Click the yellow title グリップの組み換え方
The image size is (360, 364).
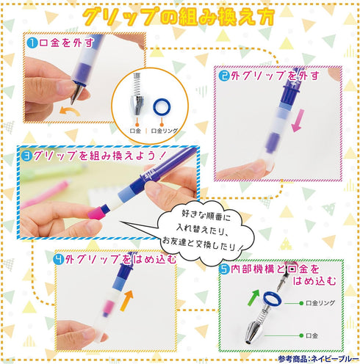click(x=179, y=16)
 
